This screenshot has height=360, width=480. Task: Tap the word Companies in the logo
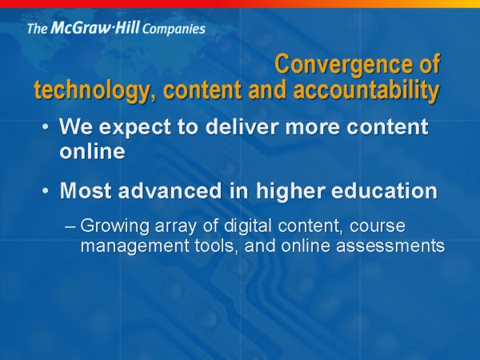(x=174, y=30)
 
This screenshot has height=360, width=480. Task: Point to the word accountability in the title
(x=366, y=90)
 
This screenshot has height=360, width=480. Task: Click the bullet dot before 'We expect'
(x=46, y=126)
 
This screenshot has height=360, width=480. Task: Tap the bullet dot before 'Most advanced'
(x=46, y=190)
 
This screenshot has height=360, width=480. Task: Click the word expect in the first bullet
(x=135, y=128)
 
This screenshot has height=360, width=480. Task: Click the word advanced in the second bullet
(x=170, y=190)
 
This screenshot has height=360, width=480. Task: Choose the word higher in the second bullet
(x=290, y=192)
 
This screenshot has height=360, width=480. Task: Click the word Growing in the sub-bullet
(x=115, y=227)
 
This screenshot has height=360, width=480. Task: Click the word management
(x=135, y=246)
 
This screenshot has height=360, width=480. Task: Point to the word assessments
(x=390, y=246)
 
